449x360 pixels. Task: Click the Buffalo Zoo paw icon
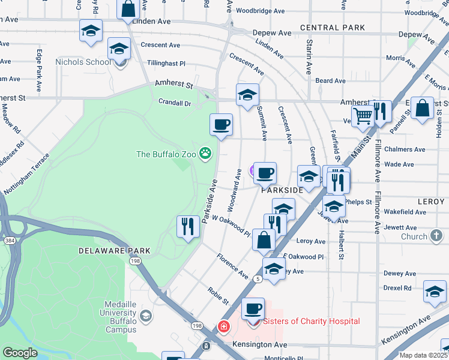point(206,154)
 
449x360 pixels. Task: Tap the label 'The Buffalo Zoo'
point(166,154)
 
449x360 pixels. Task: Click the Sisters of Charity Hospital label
point(312,321)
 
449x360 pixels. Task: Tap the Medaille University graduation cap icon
point(145,316)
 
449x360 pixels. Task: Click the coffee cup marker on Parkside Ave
point(221,125)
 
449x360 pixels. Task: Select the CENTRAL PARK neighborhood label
point(333,28)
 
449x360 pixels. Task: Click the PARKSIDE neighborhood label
point(282,190)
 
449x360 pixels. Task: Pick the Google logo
point(20,353)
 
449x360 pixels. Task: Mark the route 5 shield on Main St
point(258,279)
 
